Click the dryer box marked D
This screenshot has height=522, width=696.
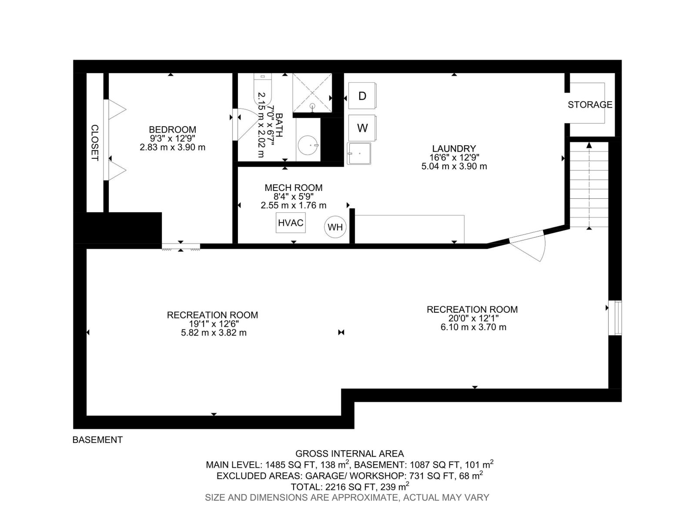pyautogui.click(x=362, y=96)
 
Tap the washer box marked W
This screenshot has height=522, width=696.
pyautogui.click(x=362, y=128)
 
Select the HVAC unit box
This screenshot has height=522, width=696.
pyautogui.click(x=291, y=223)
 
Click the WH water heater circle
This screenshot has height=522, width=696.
pyautogui.click(x=335, y=227)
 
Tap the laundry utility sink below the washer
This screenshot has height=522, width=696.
pyautogui.click(x=359, y=154)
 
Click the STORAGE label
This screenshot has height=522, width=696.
pyautogui.click(x=590, y=104)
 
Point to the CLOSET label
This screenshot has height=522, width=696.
pyautogui.click(x=94, y=143)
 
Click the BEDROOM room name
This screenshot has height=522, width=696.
pyautogui.click(x=172, y=130)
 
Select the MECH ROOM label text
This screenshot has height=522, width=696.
pyautogui.click(x=294, y=188)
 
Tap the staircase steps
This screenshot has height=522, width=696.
pyautogui.click(x=589, y=185)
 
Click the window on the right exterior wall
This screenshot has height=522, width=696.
pyautogui.click(x=615, y=317)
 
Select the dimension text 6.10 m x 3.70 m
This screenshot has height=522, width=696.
pyautogui.click(x=473, y=327)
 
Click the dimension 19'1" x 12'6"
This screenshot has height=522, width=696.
pyautogui.click(x=214, y=324)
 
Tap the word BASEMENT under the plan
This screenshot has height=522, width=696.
pyautogui.click(x=97, y=440)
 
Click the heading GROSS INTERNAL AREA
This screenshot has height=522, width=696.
pyautogui.click(x=349, y=454)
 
